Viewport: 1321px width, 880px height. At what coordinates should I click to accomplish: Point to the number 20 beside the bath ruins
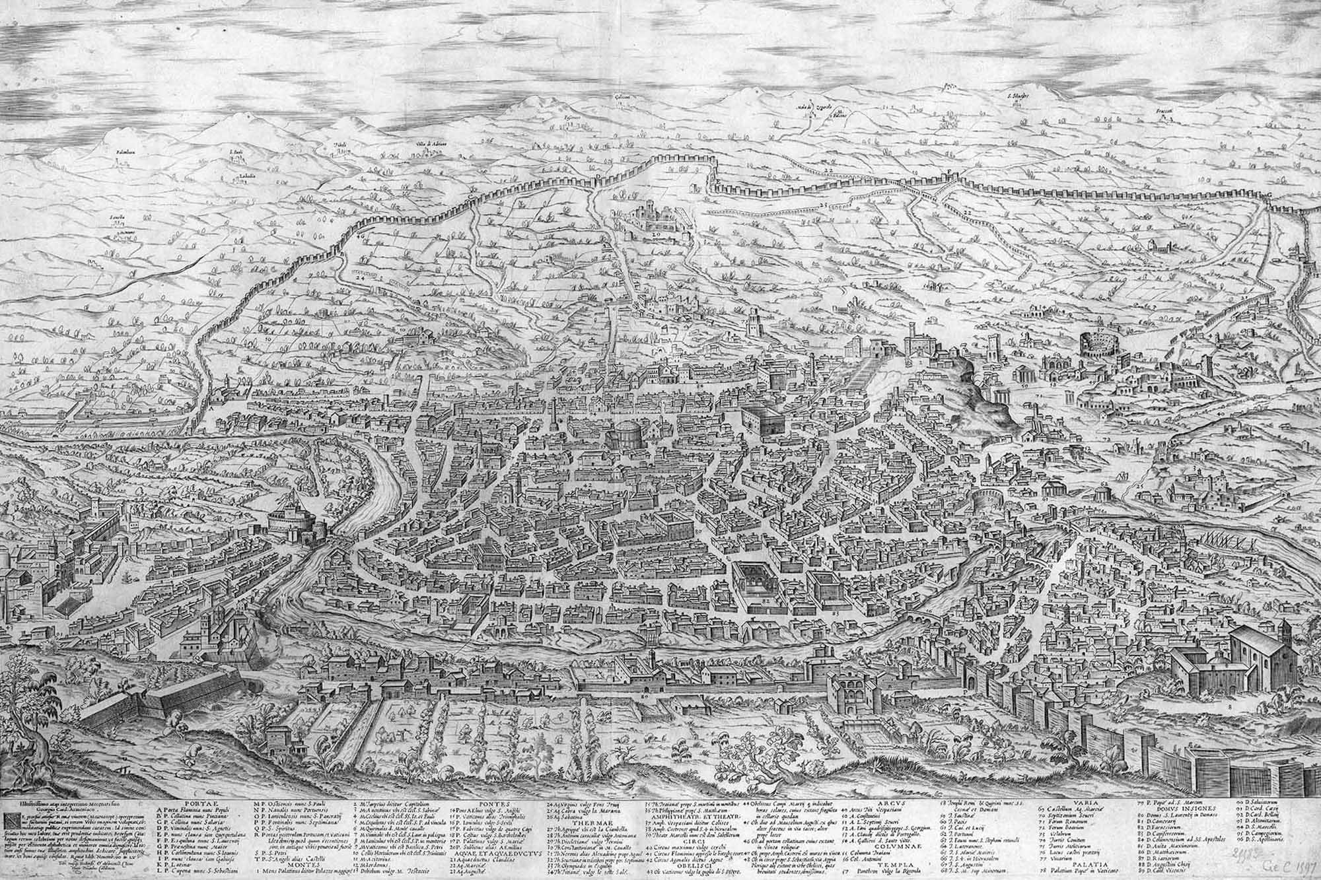(x=656, y=234)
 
